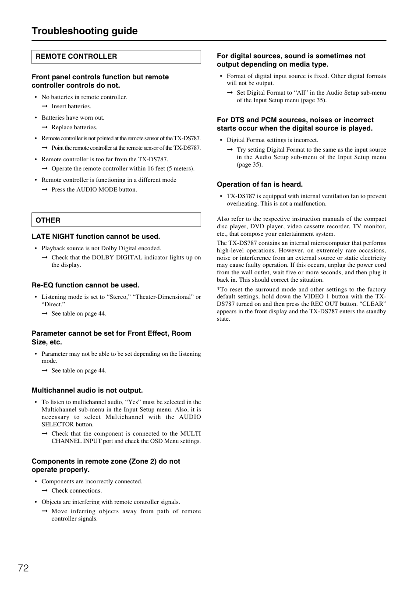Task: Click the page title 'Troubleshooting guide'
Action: (x=85, y=31)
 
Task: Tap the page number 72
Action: (x=24, y=568)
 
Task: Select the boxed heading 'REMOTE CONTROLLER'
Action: (x=76, y=57)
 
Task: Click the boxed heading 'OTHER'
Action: (x=48, y=220)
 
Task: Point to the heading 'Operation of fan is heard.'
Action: (x=260, y=184)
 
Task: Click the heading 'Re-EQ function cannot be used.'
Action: (x=85, y=285)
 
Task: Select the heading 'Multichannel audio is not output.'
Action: (x=87, y=390)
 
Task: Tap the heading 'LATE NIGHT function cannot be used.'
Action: (x=96, y=237)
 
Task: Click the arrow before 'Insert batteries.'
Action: (x=44, y=106)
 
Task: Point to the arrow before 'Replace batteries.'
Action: (x=44, y=128)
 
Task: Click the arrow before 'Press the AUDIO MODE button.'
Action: (x=44, y=190)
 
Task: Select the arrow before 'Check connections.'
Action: (x=44, y=491)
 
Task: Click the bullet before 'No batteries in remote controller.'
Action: (x=36, y=97)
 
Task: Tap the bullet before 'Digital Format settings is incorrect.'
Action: (x=221, y=140)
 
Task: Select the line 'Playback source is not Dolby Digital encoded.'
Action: (x=101, y=248)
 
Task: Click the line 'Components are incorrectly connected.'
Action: (x=92, y=482)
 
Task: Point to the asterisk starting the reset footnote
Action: (x=218, y=289)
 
